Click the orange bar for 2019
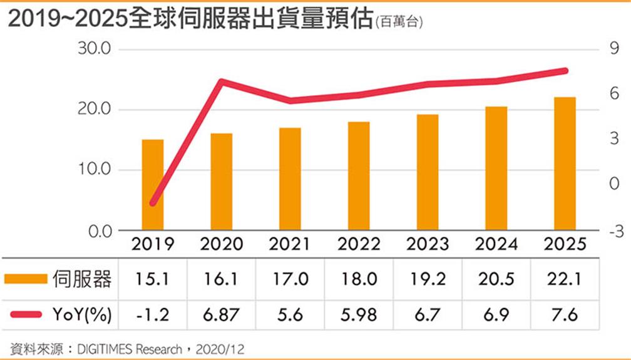pyautogui.click(x=152, y=185)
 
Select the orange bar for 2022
pyautogui.click(x=359, y=176)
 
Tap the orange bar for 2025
pyautogui.click(x=565, y=163)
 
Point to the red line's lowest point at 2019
pyautogui.click(x=153, y=203)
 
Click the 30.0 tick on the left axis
pyautogui.click(x=94, y=49)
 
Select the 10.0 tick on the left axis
pyautogui.click(x=94, y=170)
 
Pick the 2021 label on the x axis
pyautogui.click(x=290, y=244)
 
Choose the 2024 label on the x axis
pyautogui.click(x=496, y=244)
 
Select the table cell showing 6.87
pyautogui.click(x=221, y=314)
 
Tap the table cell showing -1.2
pyautogui.click(x=152, y=314)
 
